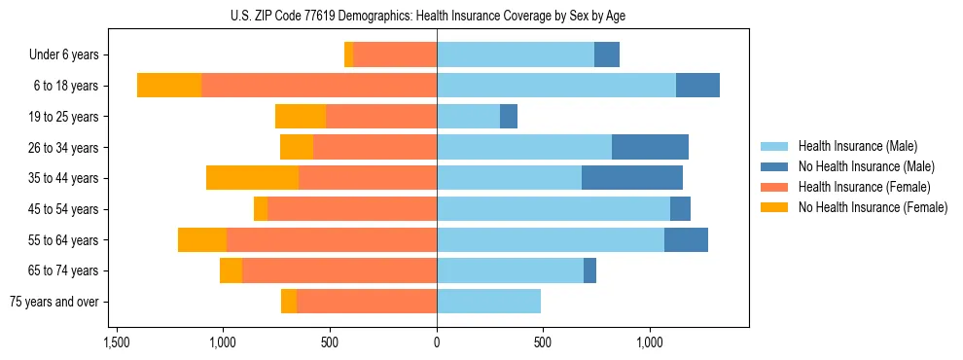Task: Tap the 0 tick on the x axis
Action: click(x=437, y=342)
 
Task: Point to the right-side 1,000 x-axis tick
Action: click(x=650, y=342)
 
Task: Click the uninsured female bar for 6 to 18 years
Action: click(x=169, y=86)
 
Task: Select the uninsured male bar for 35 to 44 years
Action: click(x=632, y=178)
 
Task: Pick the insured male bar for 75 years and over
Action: click(x=488, y=302)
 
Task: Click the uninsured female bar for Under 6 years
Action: click(x=348, y=55)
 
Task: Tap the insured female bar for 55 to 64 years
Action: click(x=332, y=239)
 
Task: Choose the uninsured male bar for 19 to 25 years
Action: click(x=509, y=117)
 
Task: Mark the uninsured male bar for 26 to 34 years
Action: click(x=650, y=147)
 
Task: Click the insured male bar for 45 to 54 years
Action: click(x=553, y=209)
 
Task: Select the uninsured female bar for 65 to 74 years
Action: click(x=231, y=270)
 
